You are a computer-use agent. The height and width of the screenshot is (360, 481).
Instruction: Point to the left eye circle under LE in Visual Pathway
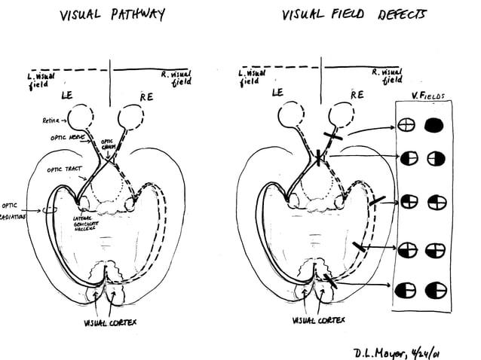pyautogui.click(x=78, y=117)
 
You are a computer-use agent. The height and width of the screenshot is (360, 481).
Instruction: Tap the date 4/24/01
pyautogui.click(x=439, y=350)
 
